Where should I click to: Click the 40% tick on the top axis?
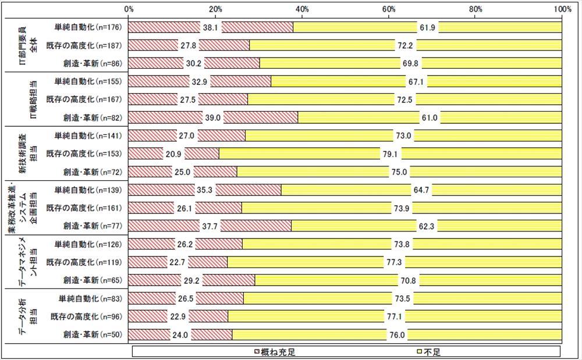[x=302, y=9]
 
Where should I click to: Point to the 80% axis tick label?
[x=475, y=9]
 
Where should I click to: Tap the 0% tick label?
[x=129, y=9]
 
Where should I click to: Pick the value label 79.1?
[x=391, y=154]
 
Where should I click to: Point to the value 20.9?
[x=174, y=154]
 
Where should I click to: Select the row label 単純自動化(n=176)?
[x=88, y=27]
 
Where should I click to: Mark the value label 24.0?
[x=180, y=334]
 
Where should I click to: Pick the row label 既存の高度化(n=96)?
[x=87, y=316]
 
